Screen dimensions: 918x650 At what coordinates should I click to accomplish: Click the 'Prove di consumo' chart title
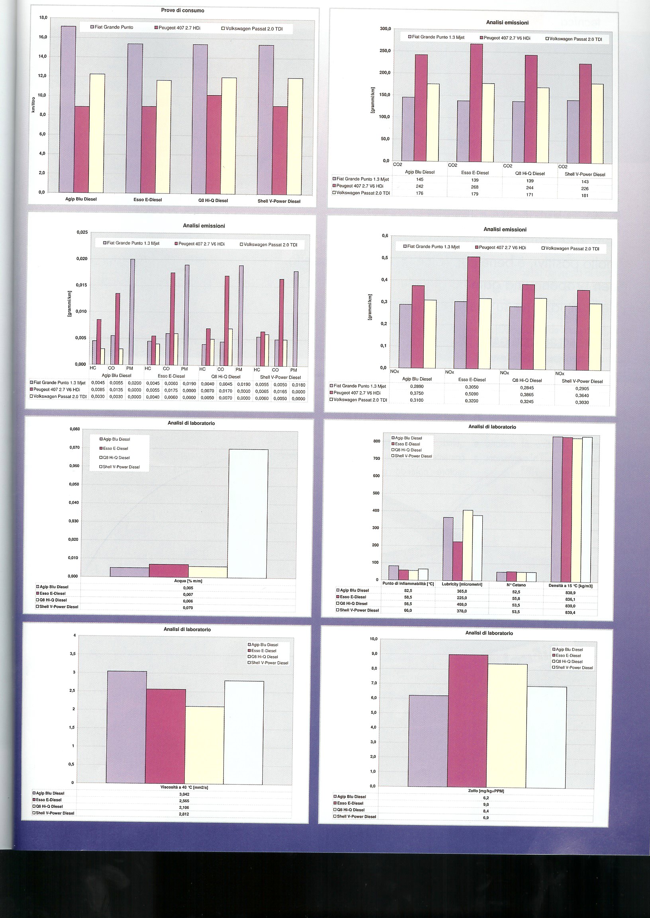coord(182,10)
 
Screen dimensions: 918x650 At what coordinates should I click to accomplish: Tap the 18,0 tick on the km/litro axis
coord(43,18)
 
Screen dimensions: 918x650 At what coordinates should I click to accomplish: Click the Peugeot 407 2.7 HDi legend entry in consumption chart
coord(177,28)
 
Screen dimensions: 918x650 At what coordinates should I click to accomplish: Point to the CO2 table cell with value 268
coord(475,187)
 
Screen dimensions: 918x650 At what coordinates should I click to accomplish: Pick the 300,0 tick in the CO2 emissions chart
coord(385,29)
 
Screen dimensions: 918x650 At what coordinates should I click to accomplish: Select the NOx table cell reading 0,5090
coord(472,394)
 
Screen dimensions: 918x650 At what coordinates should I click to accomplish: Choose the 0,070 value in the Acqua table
coord(188,607)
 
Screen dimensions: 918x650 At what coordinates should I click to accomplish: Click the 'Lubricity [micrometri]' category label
coord(462,584)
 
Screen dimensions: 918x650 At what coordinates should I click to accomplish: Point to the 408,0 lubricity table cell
coord(462,604)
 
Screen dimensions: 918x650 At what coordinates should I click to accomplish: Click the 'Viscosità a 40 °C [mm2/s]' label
coord(184,787)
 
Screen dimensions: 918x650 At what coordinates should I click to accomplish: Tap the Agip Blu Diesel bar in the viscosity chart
coord(127,727)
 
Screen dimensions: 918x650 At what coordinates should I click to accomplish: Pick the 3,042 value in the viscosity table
coord(184,795)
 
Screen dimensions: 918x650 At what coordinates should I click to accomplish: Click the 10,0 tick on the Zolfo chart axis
coord(373,639)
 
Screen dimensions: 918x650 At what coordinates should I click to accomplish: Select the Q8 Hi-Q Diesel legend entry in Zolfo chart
coord(567,662)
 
